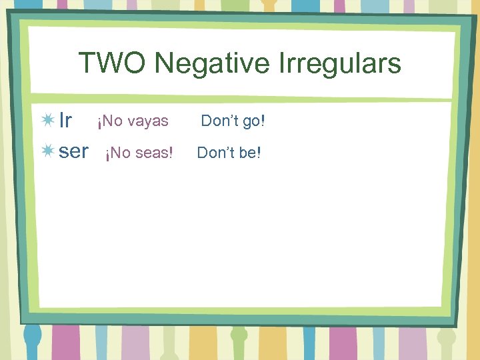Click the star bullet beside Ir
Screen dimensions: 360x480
(48, 121)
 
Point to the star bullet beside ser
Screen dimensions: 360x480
(48, 152)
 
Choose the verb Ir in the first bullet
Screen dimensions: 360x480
(65, 121)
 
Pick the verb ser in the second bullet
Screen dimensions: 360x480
(73, 152)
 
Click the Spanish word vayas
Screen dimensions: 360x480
(147, 122)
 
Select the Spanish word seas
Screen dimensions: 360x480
(153, 153)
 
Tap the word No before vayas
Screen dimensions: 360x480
(111, 121)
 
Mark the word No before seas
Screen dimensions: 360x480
(120, 153)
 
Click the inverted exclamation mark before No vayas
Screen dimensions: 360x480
(99, 123)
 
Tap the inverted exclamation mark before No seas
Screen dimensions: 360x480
(108, 154)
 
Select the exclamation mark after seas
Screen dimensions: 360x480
(171, 153)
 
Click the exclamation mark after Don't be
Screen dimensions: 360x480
(259, 153)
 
